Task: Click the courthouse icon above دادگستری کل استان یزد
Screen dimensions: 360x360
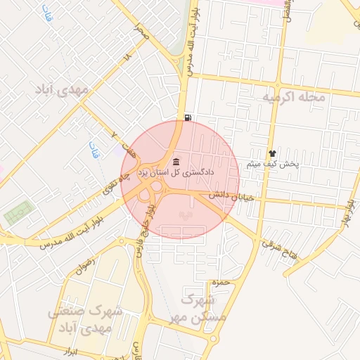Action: click(x=175, y=160)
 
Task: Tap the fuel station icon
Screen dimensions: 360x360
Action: click(x=187, y=117)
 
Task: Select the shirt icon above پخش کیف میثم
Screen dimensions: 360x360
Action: click(x=272, y=153)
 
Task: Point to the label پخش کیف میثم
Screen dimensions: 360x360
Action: click(x=272, y=165)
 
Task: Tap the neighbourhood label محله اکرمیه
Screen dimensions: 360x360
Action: click(x=294, y=96)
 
